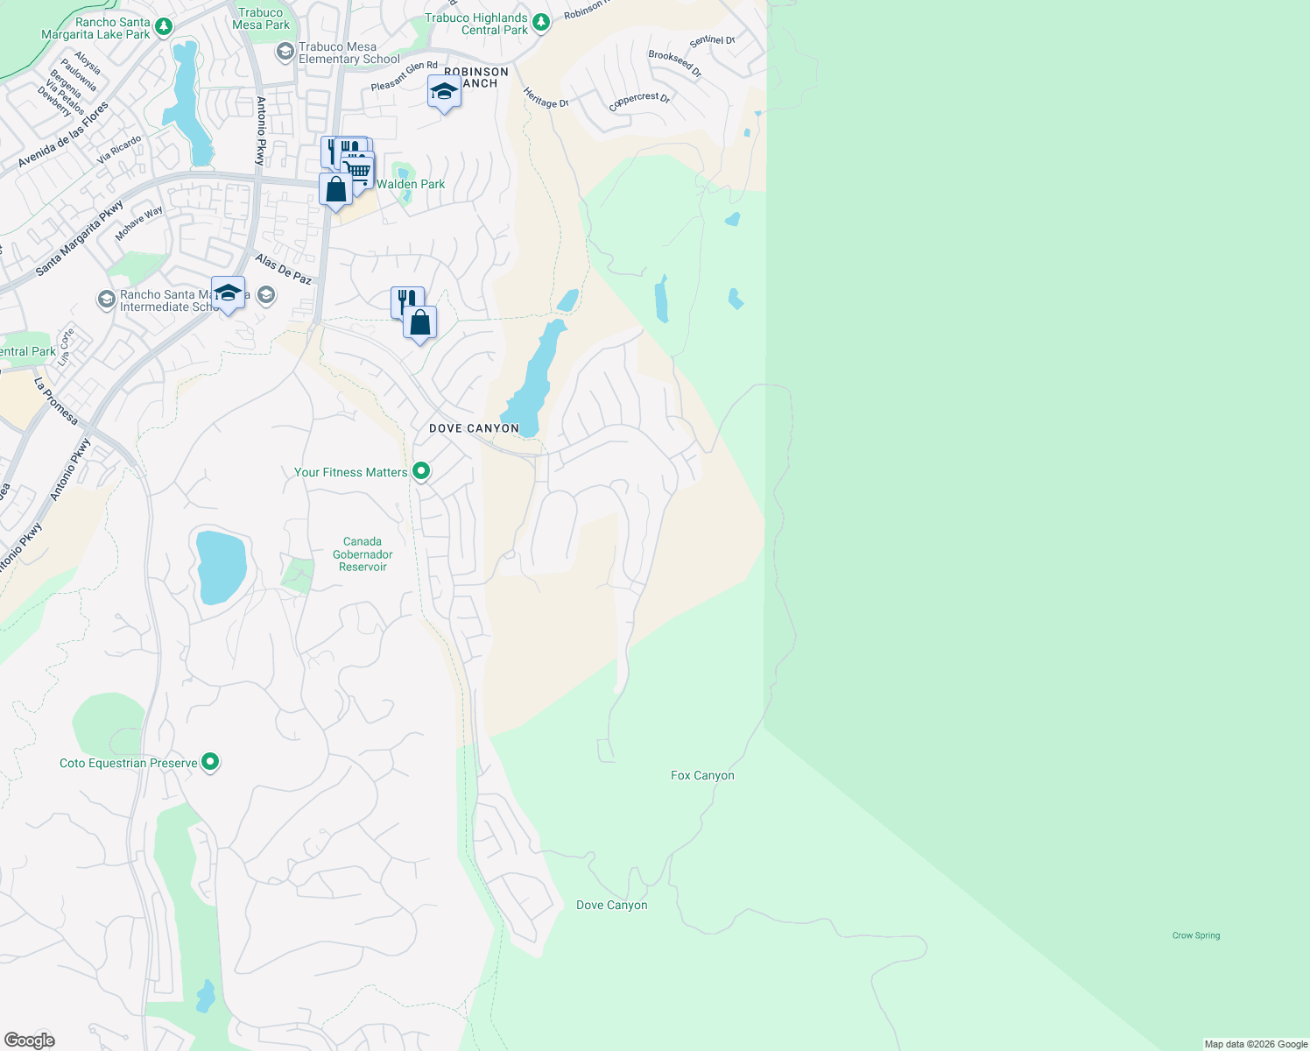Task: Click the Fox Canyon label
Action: point(702,775)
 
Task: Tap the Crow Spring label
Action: point(1195,935)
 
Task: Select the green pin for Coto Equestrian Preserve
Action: point(210,762)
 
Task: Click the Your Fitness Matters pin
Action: point(421,471)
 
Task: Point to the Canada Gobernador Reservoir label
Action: point(363,554)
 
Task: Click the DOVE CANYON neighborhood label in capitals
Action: point(474,428)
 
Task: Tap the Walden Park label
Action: point(411,184)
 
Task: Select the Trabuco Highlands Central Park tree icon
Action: point(541,23)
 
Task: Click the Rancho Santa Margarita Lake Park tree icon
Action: point(164,28)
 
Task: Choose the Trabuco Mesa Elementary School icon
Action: point(285,53)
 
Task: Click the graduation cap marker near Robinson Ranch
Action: point(444,92)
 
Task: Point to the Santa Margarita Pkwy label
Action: point(80,239)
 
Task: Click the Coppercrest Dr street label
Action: point(639,101)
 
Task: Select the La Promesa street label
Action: point(56,401)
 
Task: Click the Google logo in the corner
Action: point(29,1040)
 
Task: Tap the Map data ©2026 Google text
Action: point(1256,1044)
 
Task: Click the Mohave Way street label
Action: point(139,222)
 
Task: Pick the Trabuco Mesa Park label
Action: point(261,18)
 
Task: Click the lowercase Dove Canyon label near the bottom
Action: point(612,905)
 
